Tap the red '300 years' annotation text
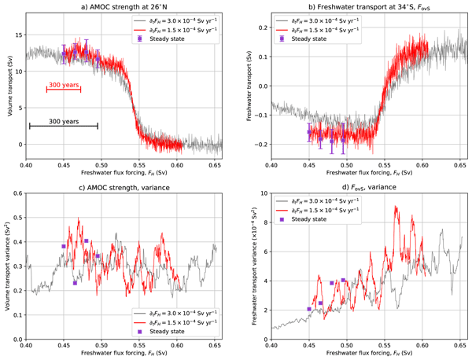pyautogui.click(x=64, y=84)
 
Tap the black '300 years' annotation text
pyautogui.click(x=64, y=121)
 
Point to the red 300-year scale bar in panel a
pyautogui.click(x=64, y=90)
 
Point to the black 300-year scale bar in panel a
pyautogui.click(x=64, y=126)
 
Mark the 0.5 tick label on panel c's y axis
pyautogui.click(x=17, y=219)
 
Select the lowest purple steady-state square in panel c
pyautogui.click(x=75, y=283)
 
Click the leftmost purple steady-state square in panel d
pyautogui.click(x=309, y=309)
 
